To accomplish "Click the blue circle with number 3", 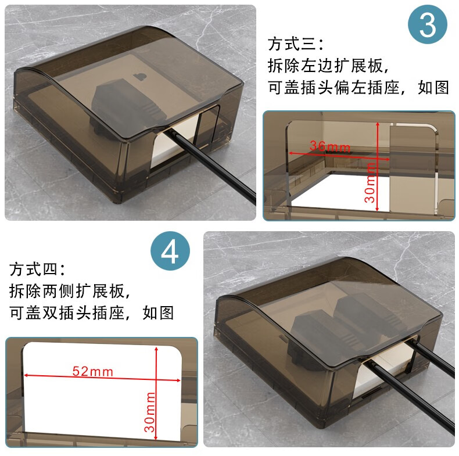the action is coord(428,24).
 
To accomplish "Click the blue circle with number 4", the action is coord(170,251).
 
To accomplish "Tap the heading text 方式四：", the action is coord(37,269).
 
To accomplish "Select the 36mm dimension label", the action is coord(329,146).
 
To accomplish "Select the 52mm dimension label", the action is coord(92,371).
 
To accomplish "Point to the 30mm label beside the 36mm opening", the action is coord(370,183).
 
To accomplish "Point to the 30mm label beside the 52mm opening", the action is coord(149,412).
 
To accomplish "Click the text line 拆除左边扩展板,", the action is coord(328,66).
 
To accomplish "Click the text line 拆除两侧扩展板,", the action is coord(70,291).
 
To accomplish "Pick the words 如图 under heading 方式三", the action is coord(433,88).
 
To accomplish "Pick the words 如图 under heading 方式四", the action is coord(158,313).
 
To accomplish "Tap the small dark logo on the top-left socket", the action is coord(140,77).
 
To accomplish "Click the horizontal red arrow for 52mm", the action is coord(102,378).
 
